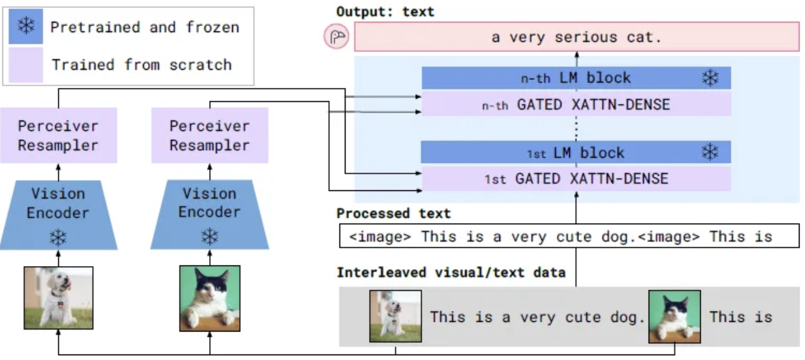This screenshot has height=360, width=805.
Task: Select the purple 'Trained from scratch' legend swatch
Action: tap(26, 65)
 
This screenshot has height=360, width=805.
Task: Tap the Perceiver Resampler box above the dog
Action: tap(58, 135)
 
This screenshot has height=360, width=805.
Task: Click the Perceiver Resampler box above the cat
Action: tap(210, 135)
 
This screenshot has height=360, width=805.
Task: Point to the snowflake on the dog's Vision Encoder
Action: tap(58, 237)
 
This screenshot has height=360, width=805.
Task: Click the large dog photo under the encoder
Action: tap(58, 298)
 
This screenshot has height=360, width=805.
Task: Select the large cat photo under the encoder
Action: tap(210, 298)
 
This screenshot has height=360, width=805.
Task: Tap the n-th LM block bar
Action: tap(576, 78)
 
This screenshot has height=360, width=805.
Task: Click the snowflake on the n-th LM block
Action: tap(710, 78)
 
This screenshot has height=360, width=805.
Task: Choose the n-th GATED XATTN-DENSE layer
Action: tap(576, 104)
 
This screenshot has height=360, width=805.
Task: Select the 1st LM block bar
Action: tap(576, 152)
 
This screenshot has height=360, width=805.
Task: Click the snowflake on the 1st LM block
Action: tap(710, 152)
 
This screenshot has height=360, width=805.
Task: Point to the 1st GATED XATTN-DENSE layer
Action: tap(576, 179)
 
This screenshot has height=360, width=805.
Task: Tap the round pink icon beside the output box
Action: tap(336, 38)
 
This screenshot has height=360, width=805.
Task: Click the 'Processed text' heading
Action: tap(393, 213)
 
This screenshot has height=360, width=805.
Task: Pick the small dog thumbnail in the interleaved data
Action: tap(395, 316)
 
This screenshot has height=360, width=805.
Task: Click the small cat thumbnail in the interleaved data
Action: tap(674, 316)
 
